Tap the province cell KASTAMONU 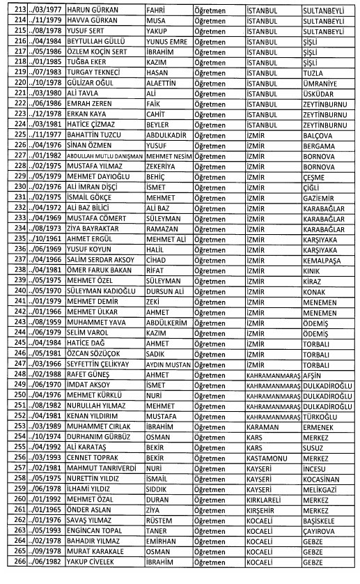coord(269,455)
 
